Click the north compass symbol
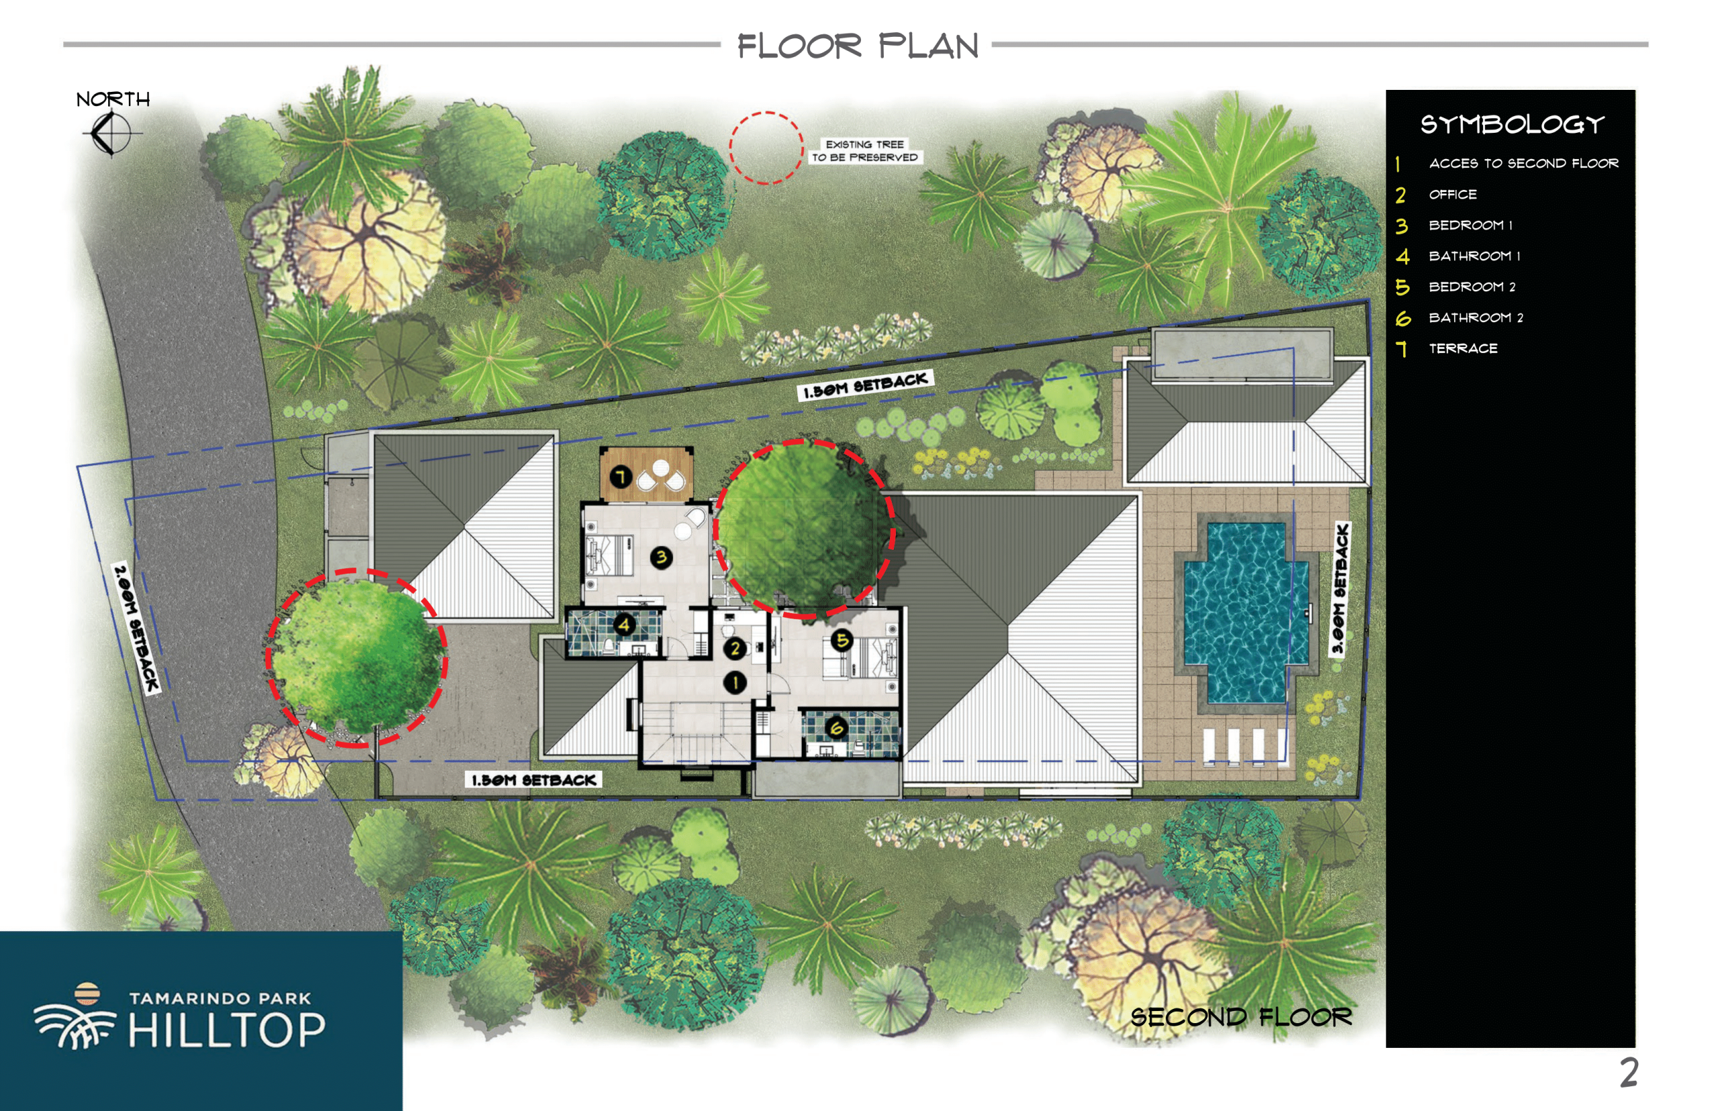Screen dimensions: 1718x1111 111,133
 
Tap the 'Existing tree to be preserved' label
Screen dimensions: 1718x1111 864,151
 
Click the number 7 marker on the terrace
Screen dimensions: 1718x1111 621,476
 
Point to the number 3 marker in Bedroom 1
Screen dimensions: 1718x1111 661,557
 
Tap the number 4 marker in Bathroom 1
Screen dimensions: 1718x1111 623,624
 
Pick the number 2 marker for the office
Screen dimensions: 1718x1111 735,648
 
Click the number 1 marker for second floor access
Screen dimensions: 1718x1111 735,682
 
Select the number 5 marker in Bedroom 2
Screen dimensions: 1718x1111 842,640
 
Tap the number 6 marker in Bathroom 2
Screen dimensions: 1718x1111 836,727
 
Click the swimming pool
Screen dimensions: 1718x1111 1246,613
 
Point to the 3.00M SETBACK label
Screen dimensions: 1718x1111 1340,588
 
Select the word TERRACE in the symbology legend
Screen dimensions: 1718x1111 1462,348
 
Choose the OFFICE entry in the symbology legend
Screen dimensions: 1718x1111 1452,194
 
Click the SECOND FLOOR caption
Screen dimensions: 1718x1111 1240,1016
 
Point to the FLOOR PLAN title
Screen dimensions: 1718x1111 857,46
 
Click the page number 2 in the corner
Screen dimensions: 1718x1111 1629,1073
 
